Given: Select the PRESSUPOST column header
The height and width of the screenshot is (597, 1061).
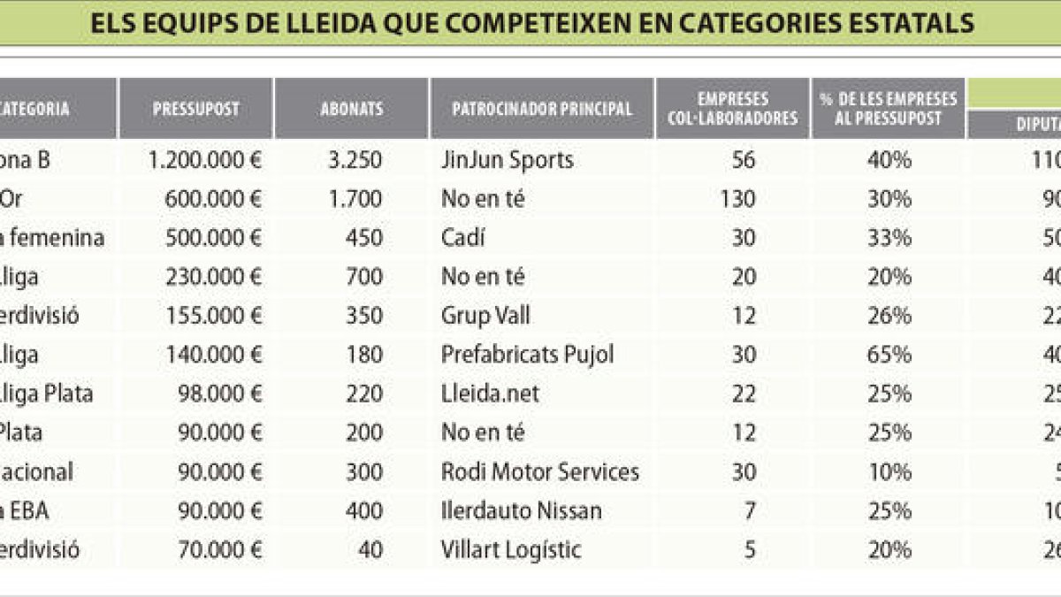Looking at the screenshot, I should pyautogui.click(x=195, y=110).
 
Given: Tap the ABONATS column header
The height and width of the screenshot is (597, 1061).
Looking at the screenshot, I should pyautogui.click(x=352, y=110).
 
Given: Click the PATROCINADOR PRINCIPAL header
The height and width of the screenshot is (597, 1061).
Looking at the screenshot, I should pyautogui.click(x=542, y=110).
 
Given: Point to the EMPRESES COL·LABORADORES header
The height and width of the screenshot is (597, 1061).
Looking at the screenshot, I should pyautogui.click(x=733, y=109).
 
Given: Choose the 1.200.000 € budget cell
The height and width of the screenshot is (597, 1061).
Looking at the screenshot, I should pyautogui.click(x=205, y=160).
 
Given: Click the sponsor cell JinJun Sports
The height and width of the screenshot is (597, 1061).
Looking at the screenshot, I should pyautogui.click(x=508, y=160).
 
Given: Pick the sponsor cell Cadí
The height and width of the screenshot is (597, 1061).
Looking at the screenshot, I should pyautogui.click(x=463, y=238).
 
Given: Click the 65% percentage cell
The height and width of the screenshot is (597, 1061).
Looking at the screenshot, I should pyautogui.click(x=889, y=355).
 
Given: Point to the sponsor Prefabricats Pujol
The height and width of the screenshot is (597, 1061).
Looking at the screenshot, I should pyautogui.click(x=527, y=355).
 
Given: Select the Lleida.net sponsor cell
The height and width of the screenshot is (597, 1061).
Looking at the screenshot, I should pyautogui.click(x=490, y=394).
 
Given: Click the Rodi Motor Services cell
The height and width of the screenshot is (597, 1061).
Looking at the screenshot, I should pyautogui.click(x=539, y=471).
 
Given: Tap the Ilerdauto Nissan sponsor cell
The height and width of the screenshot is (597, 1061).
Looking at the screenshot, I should pyautogui.click(x=522, y=510).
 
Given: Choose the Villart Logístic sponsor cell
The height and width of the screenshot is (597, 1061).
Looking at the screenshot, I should pyautogui.click(x=511, y=549).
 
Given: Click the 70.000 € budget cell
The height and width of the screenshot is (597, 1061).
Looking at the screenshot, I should pyautogui.click(x=220, y=549).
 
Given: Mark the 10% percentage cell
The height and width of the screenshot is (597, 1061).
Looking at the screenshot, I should pyautogui.click(x=889, y=471).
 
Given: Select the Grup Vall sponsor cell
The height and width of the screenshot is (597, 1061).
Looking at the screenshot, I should pyautogui.click(x=485, y=316).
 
